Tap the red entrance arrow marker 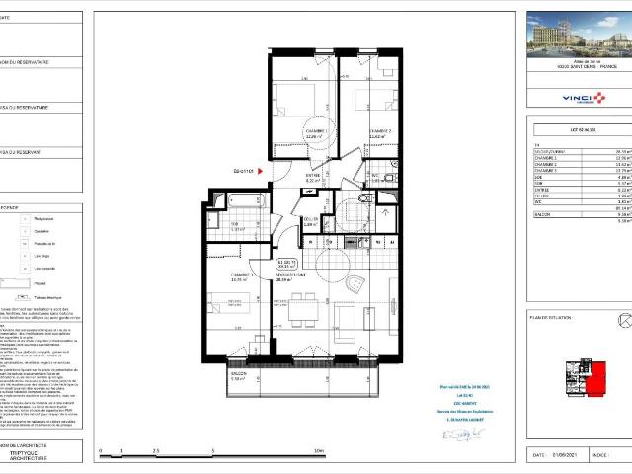261,170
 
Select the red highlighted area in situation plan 598,373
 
